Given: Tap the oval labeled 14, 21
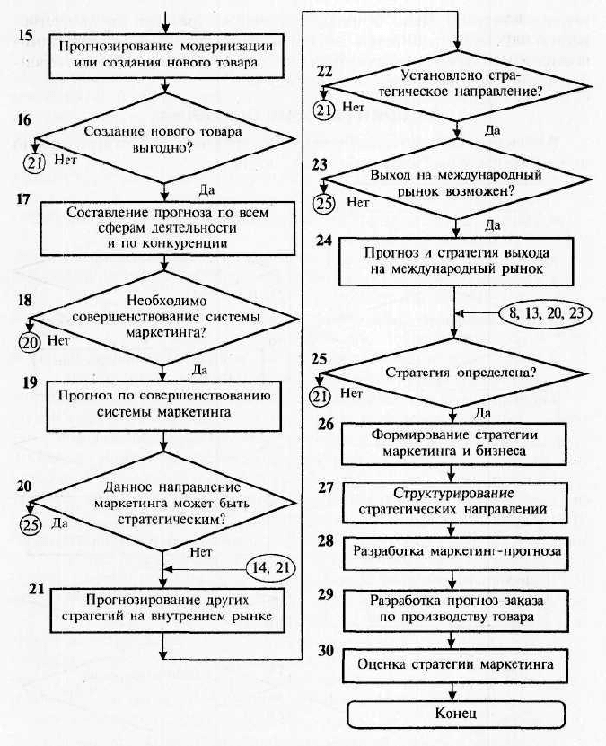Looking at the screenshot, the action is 270,568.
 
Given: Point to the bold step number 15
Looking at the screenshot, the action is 25,35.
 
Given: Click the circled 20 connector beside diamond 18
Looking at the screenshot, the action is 30,342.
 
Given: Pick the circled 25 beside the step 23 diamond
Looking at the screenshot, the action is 324,203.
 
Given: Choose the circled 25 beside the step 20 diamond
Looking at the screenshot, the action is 31,524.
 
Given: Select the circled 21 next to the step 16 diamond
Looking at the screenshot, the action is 34,162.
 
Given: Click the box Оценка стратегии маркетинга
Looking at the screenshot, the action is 455,664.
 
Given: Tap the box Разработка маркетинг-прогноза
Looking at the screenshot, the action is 456,553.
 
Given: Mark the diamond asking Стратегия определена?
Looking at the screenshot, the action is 453,373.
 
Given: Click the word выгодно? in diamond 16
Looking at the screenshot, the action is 162,148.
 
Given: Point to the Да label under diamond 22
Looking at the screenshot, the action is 492,130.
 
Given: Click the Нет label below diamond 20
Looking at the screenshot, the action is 201,552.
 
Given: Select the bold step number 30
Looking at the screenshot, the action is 326,650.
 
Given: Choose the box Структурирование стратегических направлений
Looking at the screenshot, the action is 454,503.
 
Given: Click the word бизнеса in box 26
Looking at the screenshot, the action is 500,451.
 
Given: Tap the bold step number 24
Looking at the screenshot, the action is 324,241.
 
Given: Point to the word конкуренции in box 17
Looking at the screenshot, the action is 173,243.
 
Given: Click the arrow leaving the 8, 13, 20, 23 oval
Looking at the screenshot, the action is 477,313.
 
